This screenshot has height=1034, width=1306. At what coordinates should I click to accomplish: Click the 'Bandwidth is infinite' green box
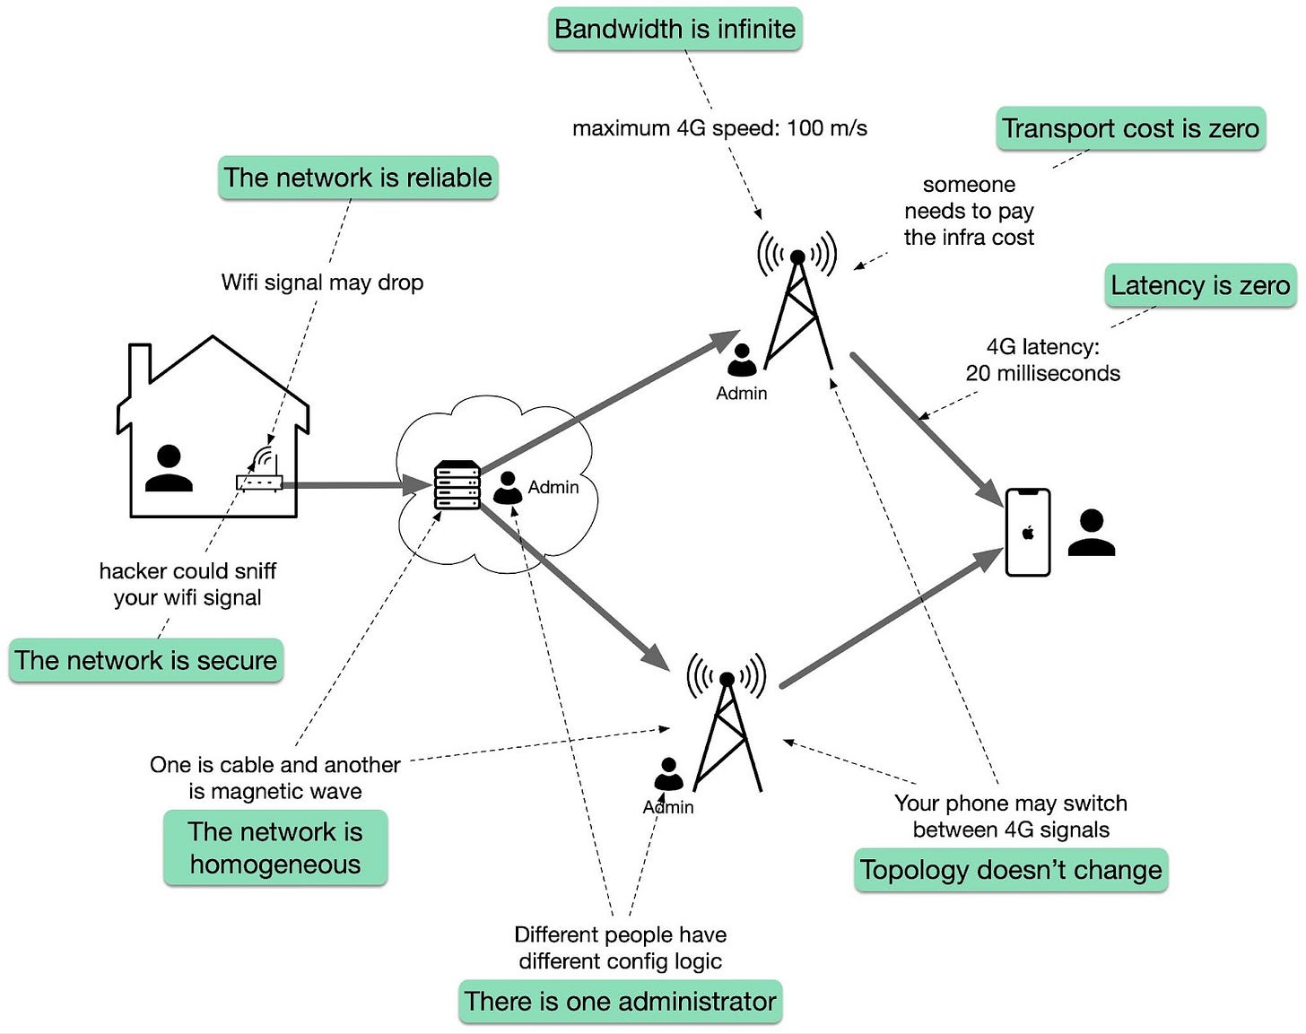point(675,29)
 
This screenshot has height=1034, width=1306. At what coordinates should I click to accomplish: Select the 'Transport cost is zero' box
point(1130,128)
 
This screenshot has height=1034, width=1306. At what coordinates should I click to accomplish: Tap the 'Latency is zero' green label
point(1199,285)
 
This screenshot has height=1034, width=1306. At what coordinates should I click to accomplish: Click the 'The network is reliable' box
point(358,178)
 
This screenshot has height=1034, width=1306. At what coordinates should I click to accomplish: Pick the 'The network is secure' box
point(145,660)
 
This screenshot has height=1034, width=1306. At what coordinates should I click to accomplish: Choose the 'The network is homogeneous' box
point(274,847)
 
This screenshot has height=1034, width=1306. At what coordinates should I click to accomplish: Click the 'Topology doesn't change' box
point(1010,870)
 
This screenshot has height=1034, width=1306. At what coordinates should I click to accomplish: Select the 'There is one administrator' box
point(620,1001)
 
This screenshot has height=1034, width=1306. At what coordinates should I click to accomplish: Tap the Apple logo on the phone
point(1028,533)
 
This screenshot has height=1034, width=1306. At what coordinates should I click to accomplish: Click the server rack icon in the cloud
point(457,485)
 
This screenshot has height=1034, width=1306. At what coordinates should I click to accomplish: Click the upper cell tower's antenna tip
point(797,257)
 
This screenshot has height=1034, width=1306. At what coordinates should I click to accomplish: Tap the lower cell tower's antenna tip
point(727,679)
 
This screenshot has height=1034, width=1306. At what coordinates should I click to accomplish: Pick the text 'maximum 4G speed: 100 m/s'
point(719,128)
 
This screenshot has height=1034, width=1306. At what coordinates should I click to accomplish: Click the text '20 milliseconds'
point(1042,373)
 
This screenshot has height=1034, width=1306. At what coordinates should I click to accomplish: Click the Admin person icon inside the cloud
point(508,488)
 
